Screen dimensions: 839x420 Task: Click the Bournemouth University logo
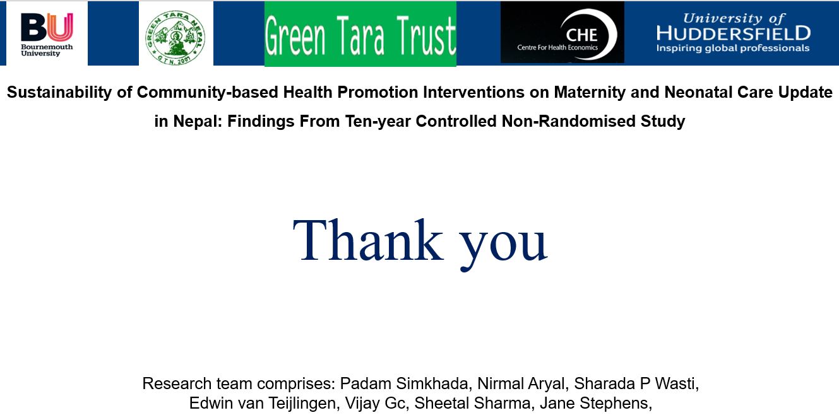47,35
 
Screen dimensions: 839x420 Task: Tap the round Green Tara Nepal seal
176,37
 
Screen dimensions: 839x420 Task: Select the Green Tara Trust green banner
360,34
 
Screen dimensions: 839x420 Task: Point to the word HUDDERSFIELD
734,33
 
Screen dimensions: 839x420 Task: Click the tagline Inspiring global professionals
733,49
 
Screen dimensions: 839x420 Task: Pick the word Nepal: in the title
198,121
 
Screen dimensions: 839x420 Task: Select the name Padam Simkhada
404,383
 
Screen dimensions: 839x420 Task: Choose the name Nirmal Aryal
521,383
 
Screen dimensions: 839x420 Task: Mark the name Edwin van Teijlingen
262,404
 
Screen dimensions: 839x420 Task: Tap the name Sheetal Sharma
472,403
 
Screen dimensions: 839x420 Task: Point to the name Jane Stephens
593,404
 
